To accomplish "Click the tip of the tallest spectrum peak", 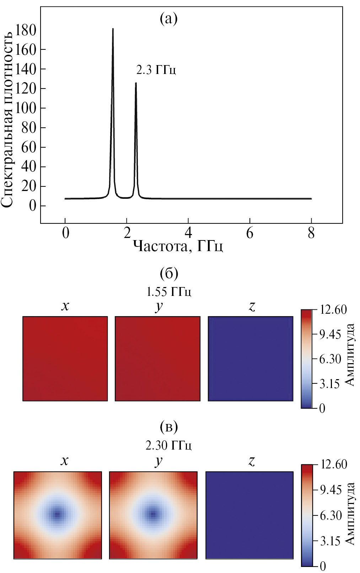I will (x=113, y=29).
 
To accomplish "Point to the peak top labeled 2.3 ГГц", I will (x=135, y=83).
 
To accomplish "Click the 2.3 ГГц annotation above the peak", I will (x=156, y=70).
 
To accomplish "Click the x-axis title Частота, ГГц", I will (x=178, y=246).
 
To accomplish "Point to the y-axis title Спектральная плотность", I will (x=8, y=118).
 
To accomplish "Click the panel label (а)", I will (x=168, y=19).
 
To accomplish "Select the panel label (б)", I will (x=169, y=274).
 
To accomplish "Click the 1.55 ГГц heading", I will (x=169, y=292).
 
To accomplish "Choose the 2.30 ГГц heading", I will (x=169, y=445).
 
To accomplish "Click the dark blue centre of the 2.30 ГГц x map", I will (x=57, y=514).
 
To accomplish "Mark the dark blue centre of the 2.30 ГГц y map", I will (x=153, y=514).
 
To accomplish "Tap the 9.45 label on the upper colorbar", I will (x=330, y=335).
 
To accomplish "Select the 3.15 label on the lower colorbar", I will (x=330, y=541).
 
